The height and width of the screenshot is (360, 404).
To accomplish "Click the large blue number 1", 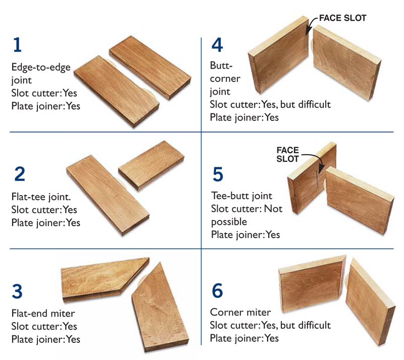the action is click(x=18, y=45).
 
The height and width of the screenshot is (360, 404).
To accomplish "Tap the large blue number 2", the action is click(x=20, y=174).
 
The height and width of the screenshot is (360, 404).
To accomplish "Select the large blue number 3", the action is click(x=17, y=291).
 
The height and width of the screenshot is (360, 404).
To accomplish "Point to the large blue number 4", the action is click(x=217, y=45).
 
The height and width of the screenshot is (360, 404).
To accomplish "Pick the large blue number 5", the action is click(x=218, y=174).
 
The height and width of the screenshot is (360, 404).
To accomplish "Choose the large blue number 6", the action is click(x=217, y=290).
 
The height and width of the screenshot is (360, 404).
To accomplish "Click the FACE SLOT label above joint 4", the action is click(x=343, y=18).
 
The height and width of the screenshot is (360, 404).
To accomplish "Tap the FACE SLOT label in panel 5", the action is click(x=287, y=155).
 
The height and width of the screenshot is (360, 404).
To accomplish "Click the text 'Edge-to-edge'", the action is click(x=41, y=67).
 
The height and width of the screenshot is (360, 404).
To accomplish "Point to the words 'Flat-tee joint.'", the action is click(x=41, y=197).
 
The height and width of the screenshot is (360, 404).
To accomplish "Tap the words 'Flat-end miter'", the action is click(x=43, y=313).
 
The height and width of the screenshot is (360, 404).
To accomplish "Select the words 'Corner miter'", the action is click(x=240, y=312).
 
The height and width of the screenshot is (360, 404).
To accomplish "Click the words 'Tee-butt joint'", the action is click(x=242, y=196).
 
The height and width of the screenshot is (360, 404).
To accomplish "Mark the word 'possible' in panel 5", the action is click(x=229, y=222).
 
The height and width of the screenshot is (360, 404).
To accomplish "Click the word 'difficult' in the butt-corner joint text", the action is click(x=314, y=105).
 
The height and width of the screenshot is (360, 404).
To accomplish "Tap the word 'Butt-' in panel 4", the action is click(x=221, y=66).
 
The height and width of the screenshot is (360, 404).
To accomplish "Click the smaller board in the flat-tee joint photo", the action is click(x=151, y=165).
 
